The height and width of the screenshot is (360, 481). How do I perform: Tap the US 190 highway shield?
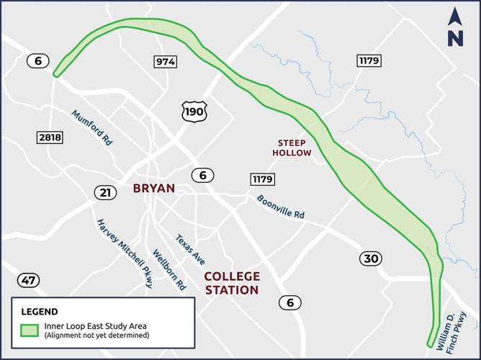click(x=194, y=111)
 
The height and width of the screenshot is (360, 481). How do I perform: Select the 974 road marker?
click(x=165, y=62)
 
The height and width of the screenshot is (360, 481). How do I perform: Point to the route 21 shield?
click(x=105, y=192)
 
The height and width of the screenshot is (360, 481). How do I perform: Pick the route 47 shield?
click(x=30, y=280)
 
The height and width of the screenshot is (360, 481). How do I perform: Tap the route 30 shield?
click(x=371, y=258)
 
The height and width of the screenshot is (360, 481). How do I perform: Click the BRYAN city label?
click(x=153, y=189)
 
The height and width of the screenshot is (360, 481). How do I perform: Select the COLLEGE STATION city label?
click(x=231, y=283)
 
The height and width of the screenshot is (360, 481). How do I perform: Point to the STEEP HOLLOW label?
click(x=292, y=148)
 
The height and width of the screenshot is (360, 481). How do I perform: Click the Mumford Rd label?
click(x=91, y=127)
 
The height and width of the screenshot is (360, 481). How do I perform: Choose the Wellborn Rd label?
click(x=169, y=269)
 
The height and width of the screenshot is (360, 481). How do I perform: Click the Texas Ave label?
click(x=191, y=249)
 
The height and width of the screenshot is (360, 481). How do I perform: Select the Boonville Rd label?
click(x=280, y=205)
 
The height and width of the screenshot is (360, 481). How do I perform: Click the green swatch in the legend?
click(x=30, y=330)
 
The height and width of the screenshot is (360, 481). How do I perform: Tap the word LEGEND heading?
click(x=40, y=312)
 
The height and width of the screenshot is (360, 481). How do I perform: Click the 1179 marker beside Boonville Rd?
click(x=262, y=179)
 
